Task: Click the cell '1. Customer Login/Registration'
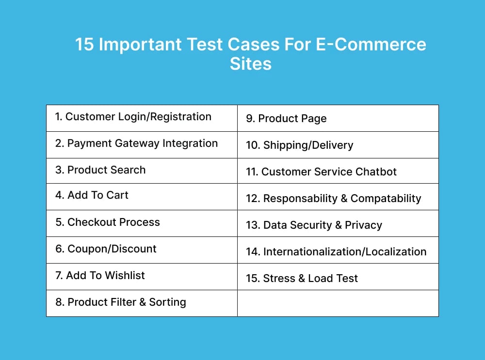[133, 117]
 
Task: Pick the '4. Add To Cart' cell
[92, 195]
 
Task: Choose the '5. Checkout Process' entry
[107, 222]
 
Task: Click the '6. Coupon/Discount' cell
[106, 249]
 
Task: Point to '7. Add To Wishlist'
[100, 276]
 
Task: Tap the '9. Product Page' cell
[286, 119]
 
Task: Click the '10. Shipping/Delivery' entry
[299, 145]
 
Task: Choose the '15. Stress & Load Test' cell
[302, 279]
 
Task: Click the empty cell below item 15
[338, 303]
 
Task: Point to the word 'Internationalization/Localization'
[345, 252]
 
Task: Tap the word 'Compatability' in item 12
[386, 199]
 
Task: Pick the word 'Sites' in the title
[250, 64]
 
